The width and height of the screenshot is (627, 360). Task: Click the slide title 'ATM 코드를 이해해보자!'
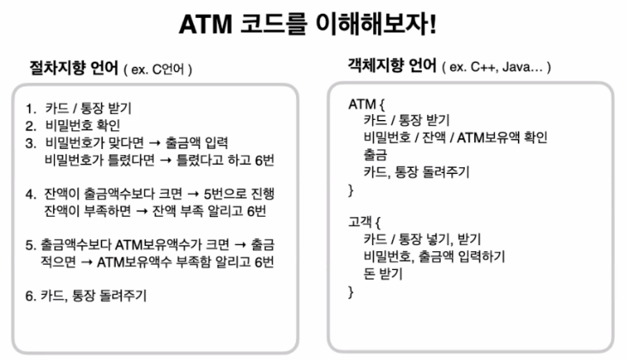coord(313,25)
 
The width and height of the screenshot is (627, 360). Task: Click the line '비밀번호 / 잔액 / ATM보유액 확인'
coord(455,136)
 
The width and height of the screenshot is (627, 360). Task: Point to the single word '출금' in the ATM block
coord(375,153)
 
